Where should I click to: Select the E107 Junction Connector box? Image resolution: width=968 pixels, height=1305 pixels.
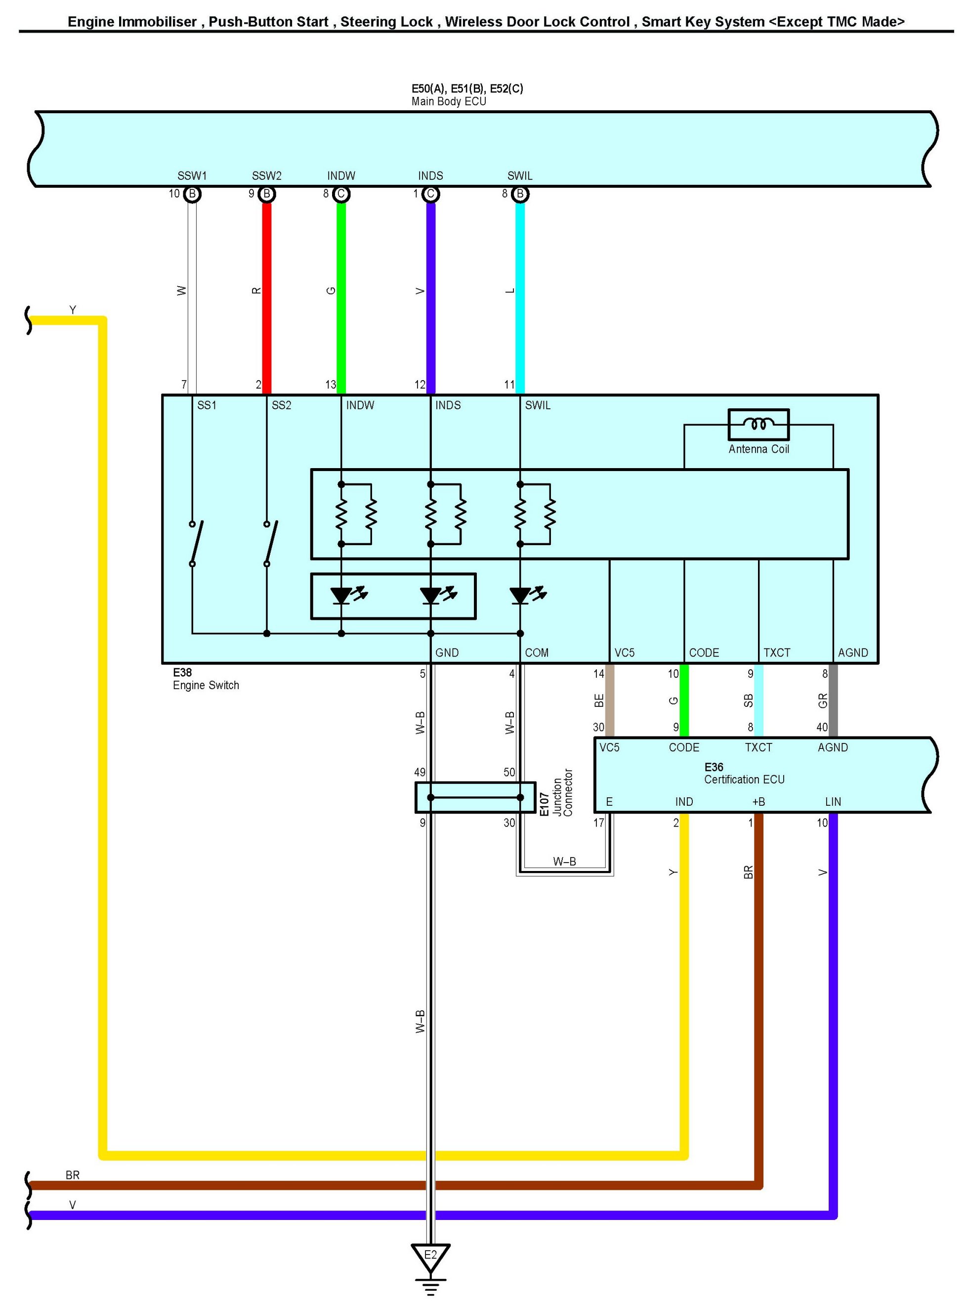[475, 797]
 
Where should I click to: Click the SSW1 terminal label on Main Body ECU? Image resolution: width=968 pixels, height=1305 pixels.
[192, 176]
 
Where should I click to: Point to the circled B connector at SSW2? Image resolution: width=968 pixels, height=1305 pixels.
[267, 194]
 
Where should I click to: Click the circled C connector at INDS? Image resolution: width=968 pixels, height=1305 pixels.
[431, 194]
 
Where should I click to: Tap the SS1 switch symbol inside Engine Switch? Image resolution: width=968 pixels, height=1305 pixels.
[196, 543]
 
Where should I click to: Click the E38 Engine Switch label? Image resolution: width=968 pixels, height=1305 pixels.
[206, 679]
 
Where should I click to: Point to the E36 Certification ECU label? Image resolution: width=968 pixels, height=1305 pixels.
[744, 773]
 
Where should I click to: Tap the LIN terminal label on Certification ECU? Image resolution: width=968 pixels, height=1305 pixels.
[833, 801]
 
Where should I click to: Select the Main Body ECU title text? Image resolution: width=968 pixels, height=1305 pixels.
[449, 101]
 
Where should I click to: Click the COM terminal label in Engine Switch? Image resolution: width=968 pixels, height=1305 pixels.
[536, 652]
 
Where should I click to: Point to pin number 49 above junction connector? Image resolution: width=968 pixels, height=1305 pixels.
[420, 772]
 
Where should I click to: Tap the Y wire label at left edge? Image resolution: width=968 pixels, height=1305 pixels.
[73, 309]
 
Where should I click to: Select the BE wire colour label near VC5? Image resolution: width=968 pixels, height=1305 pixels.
[599, 700]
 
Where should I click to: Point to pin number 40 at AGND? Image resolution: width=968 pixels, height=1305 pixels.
[822, 727]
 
